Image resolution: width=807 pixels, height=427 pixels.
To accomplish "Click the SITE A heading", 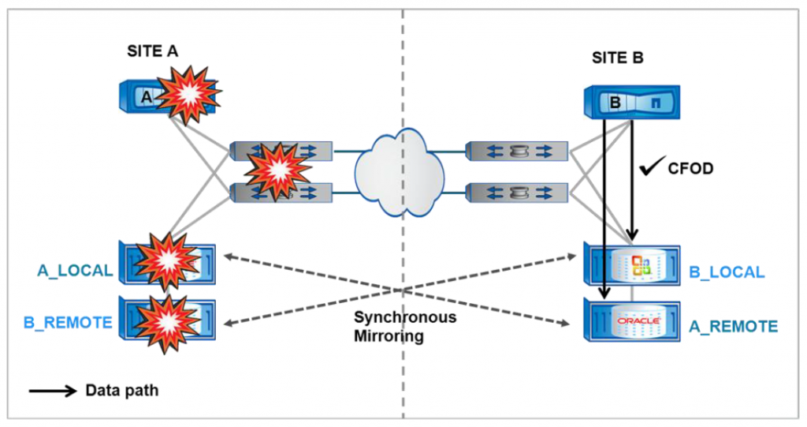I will point(153,51).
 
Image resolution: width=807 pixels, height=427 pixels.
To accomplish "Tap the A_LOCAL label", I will point(75,271).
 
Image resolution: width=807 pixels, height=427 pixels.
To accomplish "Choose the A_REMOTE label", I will point(732,326).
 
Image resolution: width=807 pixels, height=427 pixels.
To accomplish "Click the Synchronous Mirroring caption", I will point(404,326).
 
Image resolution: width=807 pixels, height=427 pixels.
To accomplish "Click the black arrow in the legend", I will point(54,391).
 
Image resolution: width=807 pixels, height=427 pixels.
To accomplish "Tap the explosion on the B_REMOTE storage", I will point(165,317).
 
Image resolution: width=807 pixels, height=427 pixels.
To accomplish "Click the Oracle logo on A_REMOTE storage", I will point(637,322).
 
